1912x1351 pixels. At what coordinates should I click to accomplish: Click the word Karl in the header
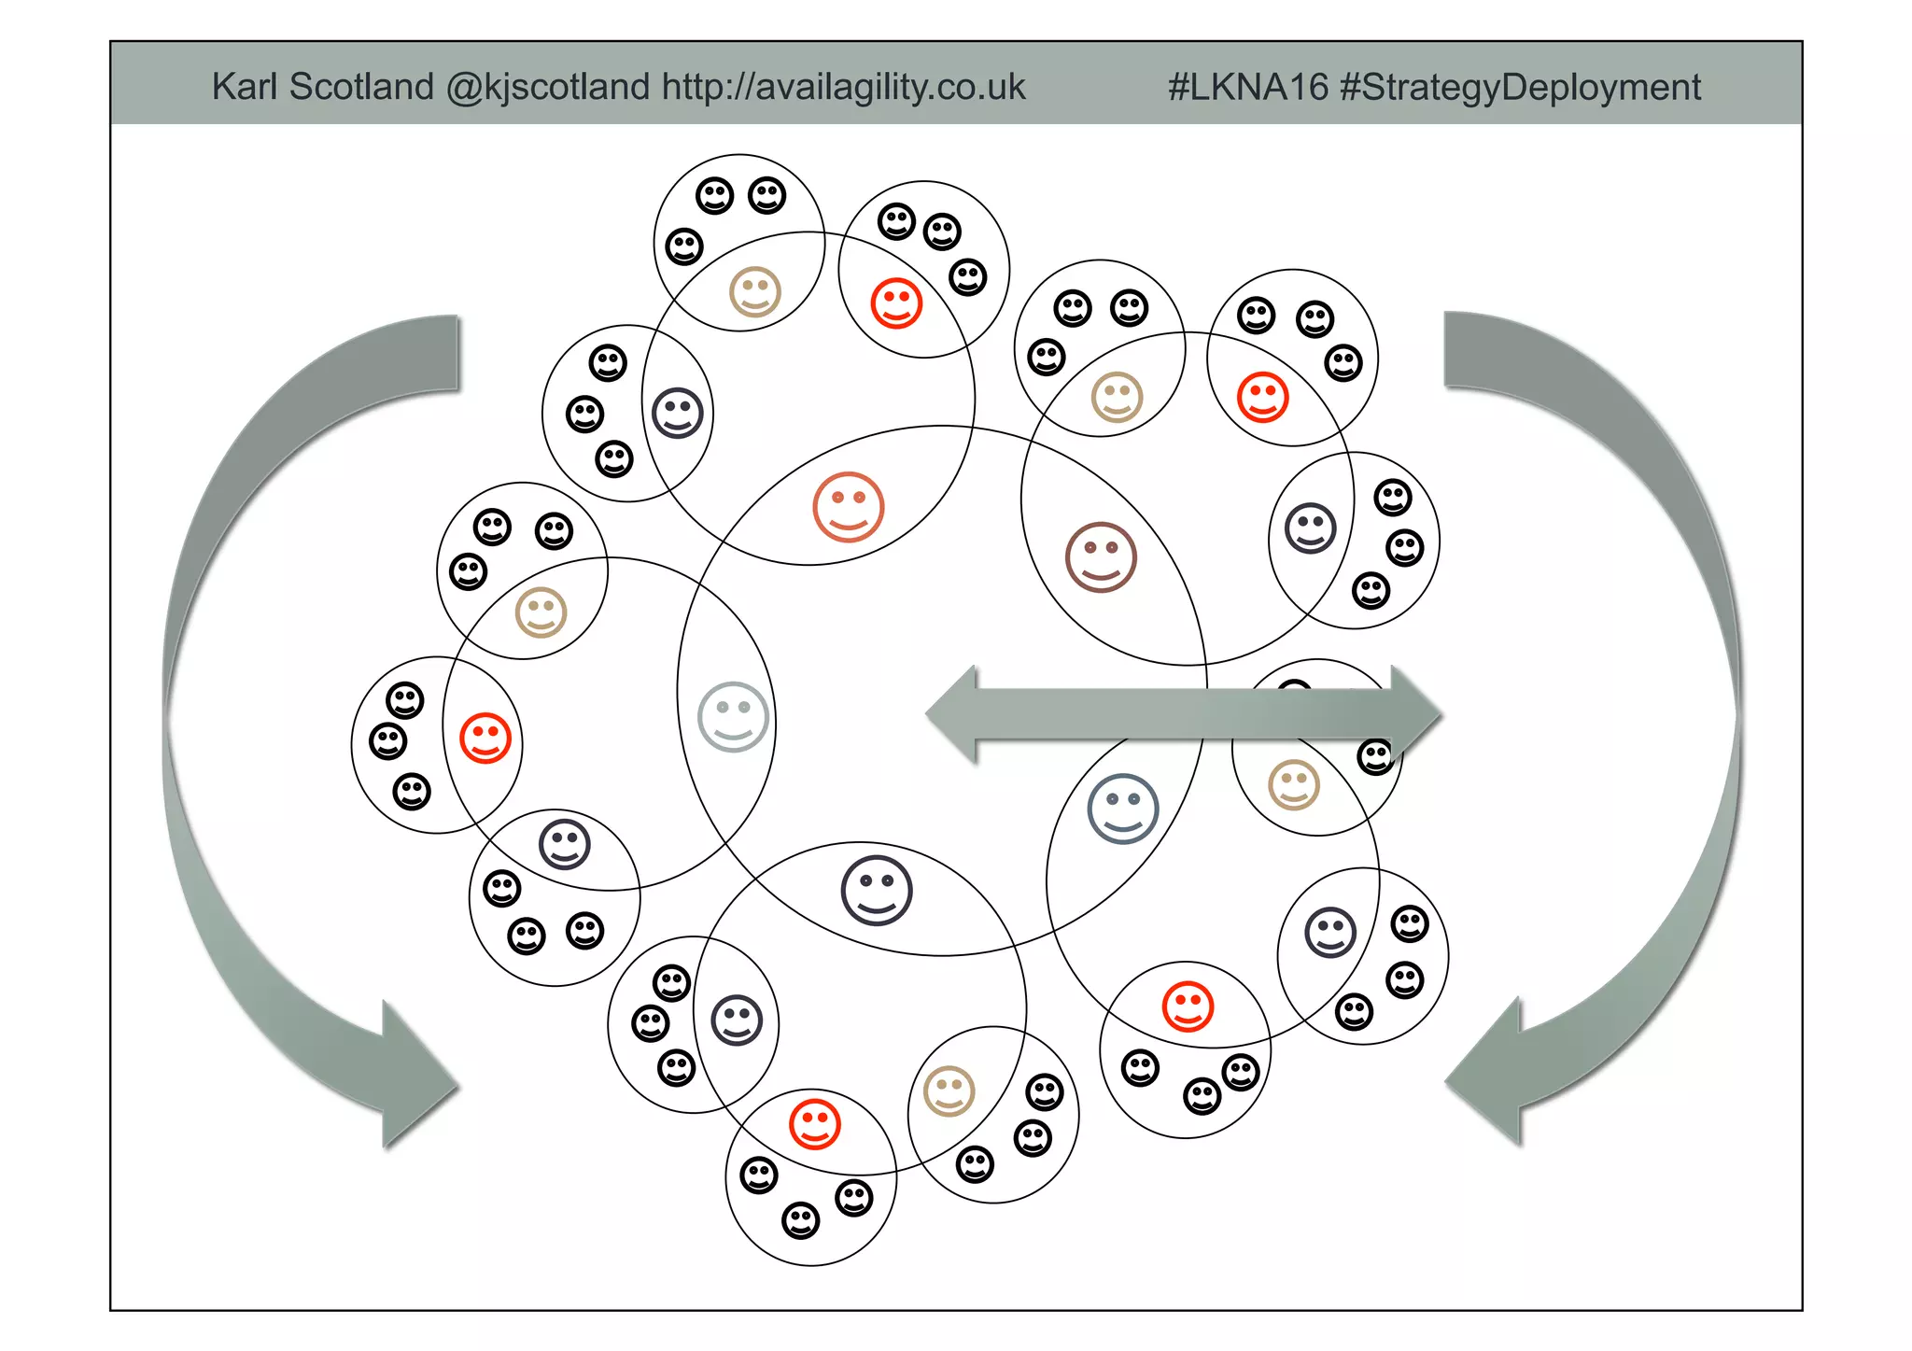[244, 87]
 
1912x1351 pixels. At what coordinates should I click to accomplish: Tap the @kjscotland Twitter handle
[547, 87]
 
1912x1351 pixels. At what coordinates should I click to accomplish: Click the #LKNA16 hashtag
[1247, 87]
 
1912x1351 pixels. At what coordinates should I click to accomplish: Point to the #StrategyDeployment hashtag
[1520, 87]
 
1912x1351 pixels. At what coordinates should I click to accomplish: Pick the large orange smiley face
[848, 507]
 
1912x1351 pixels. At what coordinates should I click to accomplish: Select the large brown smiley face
[1101, 557]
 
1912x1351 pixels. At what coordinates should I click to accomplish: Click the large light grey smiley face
[733, 717]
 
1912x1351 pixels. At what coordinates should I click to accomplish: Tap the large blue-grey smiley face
[1122, 809]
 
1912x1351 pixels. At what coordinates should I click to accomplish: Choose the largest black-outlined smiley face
[876, 890]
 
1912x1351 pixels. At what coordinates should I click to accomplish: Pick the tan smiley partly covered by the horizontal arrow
[1294, 784]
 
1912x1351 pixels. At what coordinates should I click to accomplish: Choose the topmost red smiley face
[896, 303]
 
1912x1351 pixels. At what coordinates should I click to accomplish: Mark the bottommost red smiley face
[815, 1124]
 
